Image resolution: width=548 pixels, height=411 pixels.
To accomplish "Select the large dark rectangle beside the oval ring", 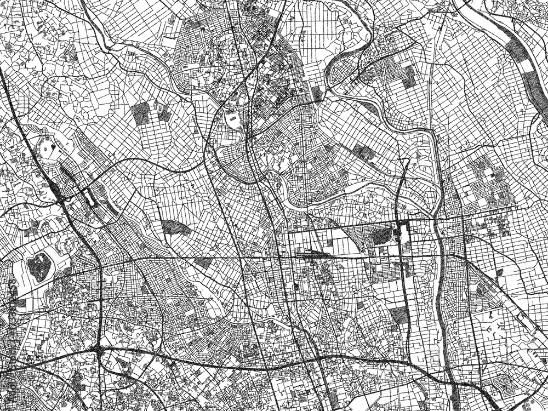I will [x=141, y=113].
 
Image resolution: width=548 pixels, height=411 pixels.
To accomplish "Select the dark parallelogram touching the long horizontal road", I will [x=203, y=262].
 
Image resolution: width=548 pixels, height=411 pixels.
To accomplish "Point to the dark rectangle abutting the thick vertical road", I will [x=398, y=315].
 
